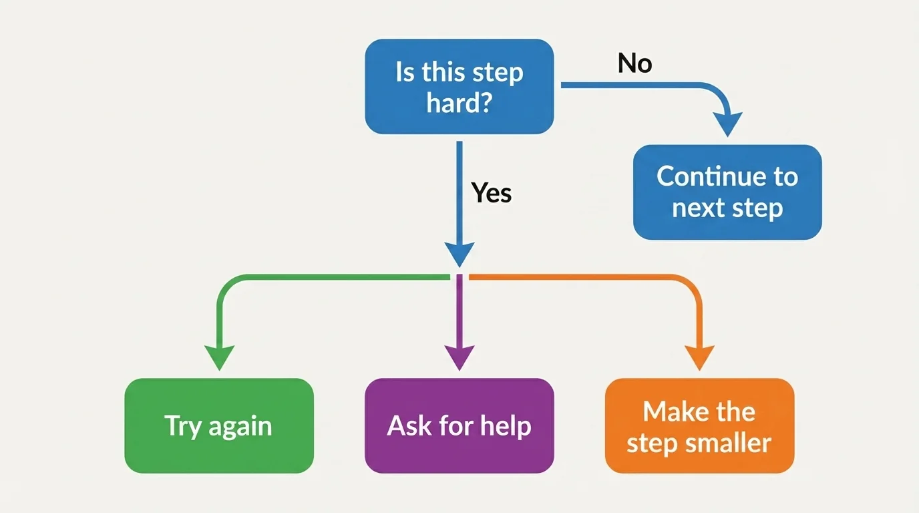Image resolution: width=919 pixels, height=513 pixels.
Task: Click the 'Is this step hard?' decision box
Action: pos(459,86)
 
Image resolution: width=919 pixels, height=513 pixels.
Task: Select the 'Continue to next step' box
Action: pos(727,192)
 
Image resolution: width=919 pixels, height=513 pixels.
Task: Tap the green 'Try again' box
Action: pos(218,425)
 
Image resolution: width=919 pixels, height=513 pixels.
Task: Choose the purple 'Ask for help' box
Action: pos(459,425)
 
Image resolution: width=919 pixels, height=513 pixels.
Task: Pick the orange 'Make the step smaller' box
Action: pos(699,425)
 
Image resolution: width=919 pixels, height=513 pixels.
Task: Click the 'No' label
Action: pos(634,63)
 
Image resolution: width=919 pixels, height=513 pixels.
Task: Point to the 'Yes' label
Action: pos(492,193)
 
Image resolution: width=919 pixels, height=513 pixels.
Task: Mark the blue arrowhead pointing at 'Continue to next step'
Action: pos(727,124)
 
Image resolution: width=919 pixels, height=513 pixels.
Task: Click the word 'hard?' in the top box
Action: pos(459,103)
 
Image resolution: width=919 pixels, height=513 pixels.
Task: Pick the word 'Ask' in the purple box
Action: pos(407,425)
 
